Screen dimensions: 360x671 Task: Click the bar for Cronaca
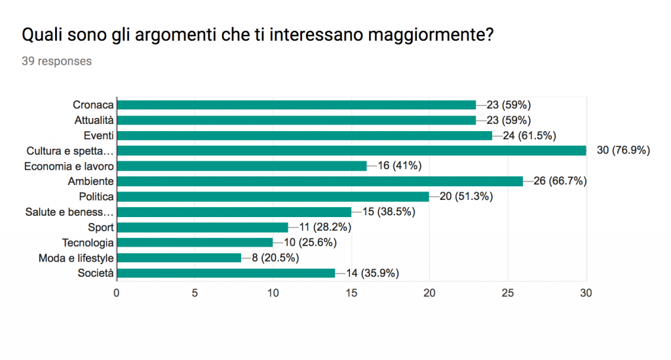coord(296,105)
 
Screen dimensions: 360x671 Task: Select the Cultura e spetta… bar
coord(351,151)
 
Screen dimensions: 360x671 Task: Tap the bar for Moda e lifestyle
coord(179,258)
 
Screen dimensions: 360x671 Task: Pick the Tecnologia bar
coord(195,243)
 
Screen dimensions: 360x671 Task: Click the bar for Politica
coord(273,197)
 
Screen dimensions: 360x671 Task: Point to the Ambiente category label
coord(91,182)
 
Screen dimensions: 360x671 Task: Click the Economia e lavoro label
coord(69,166)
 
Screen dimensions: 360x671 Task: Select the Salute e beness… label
coord(69,212)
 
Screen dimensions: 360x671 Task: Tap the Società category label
coord(96,273)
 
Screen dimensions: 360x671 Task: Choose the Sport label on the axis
coord(101,228)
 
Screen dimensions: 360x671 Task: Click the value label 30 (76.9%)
coord(623,151)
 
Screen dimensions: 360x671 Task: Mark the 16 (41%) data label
coord(399,166)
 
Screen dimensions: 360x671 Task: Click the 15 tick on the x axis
coord(351,293)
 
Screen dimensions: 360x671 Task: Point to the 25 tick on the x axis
coord(508,293)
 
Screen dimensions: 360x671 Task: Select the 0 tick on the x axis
coord(117,293)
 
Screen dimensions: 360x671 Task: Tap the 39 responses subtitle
coord(57,62)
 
